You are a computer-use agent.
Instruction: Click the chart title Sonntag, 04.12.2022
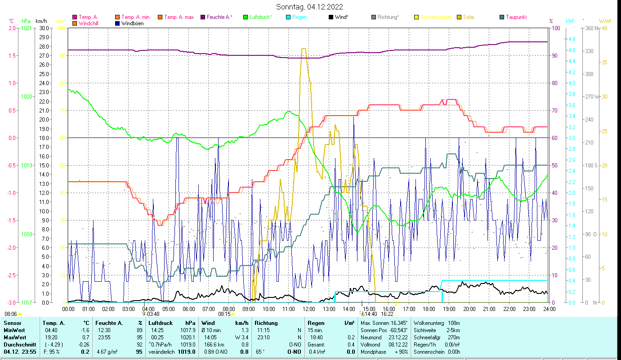pos(310,7)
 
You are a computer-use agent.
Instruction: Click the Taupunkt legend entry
pos(516,17)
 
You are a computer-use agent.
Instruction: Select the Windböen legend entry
pos(132,23)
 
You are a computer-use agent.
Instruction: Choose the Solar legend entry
pos(469,17)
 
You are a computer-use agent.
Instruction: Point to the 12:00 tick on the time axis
pos(309,309)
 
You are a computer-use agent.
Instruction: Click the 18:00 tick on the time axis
pos(429,309)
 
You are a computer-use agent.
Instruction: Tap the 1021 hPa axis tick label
pos(27,28)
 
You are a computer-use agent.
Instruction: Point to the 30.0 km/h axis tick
pos(44,28)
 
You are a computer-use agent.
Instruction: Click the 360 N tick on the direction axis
pos(591,28)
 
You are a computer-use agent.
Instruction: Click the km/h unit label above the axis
pos(41,21)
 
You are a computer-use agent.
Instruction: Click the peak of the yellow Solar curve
pos(304,49)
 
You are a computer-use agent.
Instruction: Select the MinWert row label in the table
pos(15,329)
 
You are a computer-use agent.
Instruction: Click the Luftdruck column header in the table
pos(161,323)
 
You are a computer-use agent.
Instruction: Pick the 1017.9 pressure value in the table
pos(186,329)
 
